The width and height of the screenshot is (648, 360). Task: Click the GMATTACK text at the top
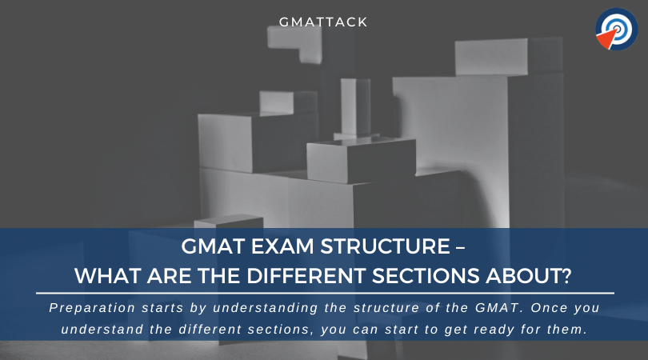(324, 22)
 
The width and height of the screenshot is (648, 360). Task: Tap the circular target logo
(616, 30)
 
